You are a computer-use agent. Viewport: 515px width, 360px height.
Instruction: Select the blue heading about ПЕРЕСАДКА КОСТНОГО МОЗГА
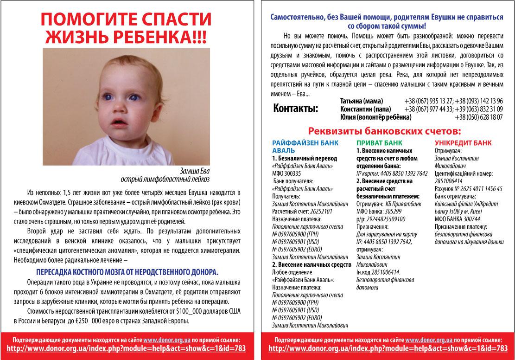pos(127,271)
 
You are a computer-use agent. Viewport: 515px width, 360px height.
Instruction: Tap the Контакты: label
pos(296,109)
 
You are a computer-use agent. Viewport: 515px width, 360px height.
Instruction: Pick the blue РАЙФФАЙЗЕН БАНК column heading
pos(305,143)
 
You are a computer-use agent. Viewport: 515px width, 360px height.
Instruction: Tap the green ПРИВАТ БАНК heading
pos(379,143)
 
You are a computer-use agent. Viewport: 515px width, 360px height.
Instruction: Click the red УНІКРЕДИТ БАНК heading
pos(463,143)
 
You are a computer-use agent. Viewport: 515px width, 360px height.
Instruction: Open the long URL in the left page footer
pos(127,348)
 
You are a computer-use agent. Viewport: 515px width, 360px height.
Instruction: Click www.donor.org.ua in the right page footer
pos(429,339)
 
